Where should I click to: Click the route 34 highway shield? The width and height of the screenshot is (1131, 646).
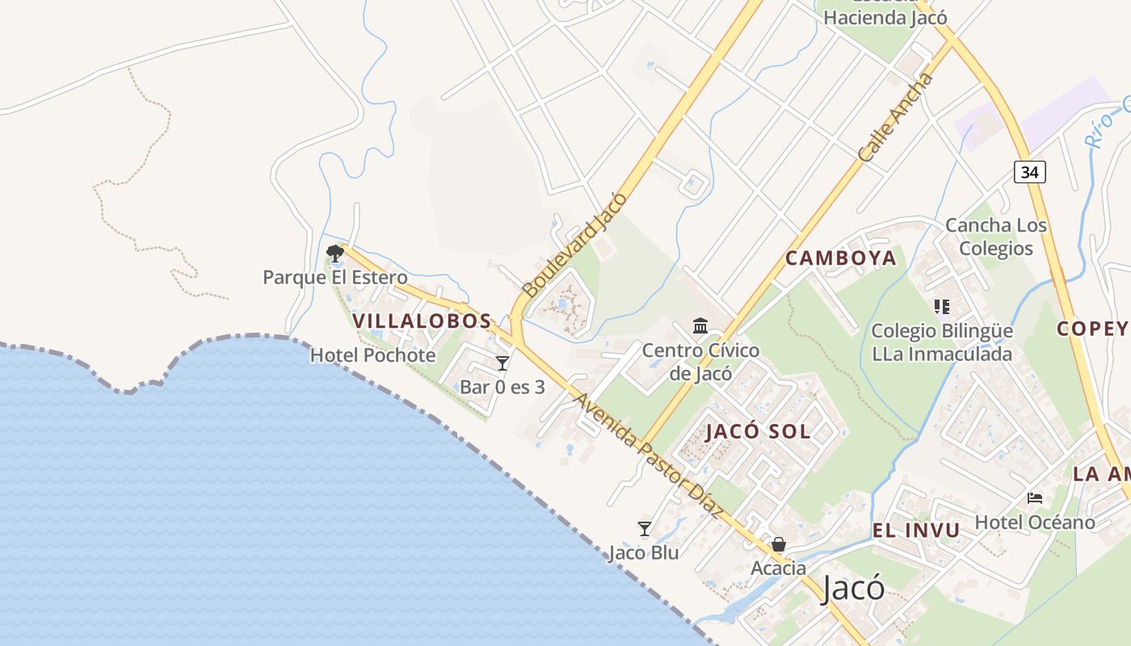(1029, 171)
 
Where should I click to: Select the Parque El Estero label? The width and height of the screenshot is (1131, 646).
(335, 278)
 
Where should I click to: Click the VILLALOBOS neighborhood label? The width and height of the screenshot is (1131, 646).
(422, 321)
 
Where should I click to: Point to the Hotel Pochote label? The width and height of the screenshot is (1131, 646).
(372, 355)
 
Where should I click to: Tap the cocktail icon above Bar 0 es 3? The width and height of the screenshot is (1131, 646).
(502, 363)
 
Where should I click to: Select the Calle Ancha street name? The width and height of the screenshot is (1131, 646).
(896, 118)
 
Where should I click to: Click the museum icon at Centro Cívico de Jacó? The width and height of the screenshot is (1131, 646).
(700, 326)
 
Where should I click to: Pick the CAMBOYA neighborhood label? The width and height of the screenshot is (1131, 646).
(841, 258)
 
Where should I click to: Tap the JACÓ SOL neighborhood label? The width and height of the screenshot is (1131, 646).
(758, 431)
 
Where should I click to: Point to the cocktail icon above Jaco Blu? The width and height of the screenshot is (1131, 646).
(644, 529)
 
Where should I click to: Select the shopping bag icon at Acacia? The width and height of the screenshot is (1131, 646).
(779, 544)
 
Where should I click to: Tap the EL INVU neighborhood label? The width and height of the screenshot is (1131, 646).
(916, 531)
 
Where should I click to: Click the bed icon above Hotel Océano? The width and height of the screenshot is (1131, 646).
(1035, 498)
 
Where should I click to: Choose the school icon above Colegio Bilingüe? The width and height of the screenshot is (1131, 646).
(942, 307)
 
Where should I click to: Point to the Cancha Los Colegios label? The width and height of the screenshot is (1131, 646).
(996, 237)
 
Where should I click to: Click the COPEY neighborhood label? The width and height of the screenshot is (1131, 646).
(1092, 328)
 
